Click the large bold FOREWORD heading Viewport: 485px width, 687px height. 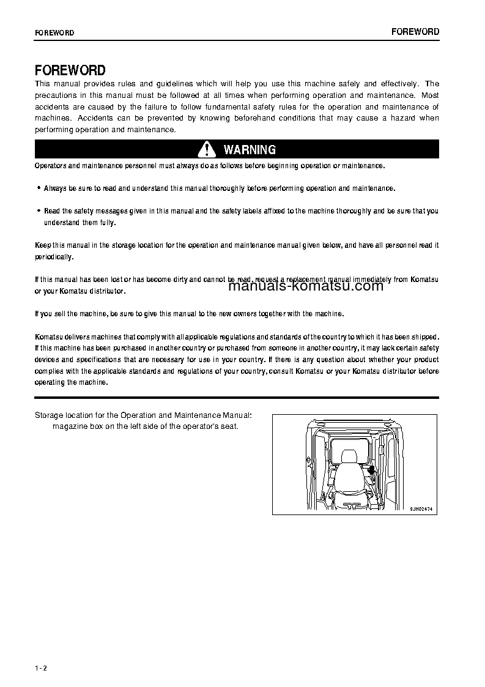click(70, 70)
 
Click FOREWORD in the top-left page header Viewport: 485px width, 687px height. click(54, 33)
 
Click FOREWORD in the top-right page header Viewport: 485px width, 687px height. click(415, 32)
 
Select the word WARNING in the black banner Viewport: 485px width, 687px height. click(250, 150)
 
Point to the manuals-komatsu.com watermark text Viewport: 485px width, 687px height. click(306, 286)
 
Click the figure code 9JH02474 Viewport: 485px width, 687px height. click(421, 508)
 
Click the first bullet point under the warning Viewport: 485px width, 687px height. click(39, 188)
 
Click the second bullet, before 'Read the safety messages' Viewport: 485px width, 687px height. click(39, 211)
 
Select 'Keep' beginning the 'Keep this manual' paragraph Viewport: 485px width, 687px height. click(42, 245)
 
